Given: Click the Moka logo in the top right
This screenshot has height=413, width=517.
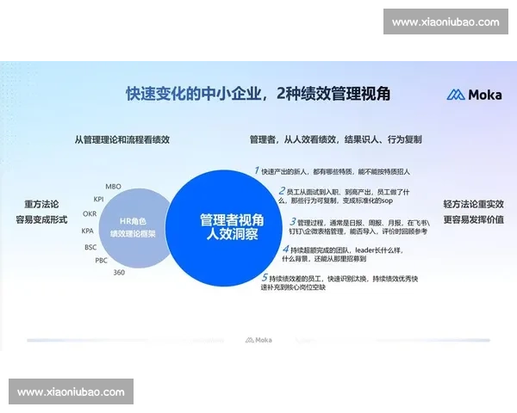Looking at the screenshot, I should pos(468,95).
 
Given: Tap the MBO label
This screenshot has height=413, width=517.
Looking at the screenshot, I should pos(113,186).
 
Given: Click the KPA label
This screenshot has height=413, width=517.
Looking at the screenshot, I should pos(88,231).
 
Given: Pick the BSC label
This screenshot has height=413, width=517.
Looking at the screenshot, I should pos(90,247).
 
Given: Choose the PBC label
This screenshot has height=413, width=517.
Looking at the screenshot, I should pos(101,260).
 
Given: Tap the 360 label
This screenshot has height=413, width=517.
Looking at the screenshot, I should pos(119,272).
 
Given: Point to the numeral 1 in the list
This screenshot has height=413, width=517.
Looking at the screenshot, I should pos(256,170).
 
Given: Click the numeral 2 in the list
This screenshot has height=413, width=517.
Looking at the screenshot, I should pos(282,190).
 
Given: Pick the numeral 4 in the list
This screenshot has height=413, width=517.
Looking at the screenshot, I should pos(286,250).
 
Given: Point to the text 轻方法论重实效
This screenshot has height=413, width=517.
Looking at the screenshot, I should pos(473,204).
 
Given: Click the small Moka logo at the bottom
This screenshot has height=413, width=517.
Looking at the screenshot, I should pos(258,341).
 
